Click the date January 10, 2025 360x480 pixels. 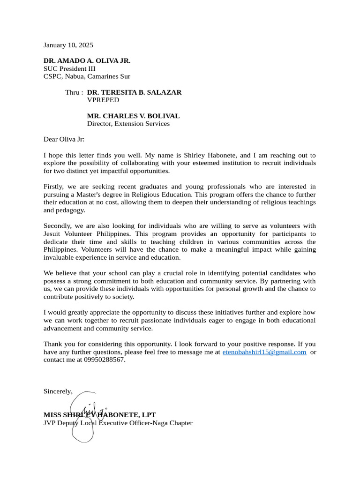coord(68,45)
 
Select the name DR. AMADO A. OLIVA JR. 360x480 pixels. coord(87,61)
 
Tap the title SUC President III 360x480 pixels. coord(69,68)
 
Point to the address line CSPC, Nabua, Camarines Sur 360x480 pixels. coord(87,76)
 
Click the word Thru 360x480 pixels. coord(73,92)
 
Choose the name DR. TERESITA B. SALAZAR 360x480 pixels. coord(134,92)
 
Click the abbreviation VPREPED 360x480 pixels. coord(103,100)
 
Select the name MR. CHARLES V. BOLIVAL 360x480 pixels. coord(133,116)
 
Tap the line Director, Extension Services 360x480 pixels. coord(128,124)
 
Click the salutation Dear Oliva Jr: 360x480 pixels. coord(64,139)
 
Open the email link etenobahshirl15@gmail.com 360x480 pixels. coord(264,352)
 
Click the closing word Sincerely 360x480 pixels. coord(58,391)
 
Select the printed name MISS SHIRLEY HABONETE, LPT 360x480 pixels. coord(99,415)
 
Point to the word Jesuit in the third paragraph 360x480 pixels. coord(53,233)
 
